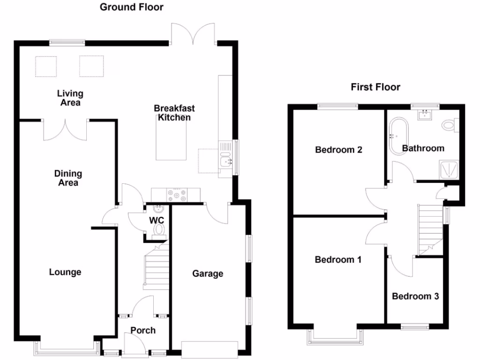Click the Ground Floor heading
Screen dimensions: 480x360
click(132, 7)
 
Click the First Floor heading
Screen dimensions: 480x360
click(375, 87)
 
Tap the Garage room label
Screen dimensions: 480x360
click(208, 273)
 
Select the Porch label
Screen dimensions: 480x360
click(143, 330)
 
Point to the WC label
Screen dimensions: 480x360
click(157, 220)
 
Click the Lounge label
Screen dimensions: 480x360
click(65, 272)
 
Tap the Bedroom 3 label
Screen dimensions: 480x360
click(415, 296)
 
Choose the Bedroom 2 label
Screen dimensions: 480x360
click(338, 150)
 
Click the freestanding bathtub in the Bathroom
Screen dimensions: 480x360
click(398, 136)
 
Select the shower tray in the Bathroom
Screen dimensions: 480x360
click(449, 169)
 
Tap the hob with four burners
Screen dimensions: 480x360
click(177, 195)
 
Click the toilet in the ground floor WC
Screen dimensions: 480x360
click(159, 231)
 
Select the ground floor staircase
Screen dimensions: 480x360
click(156, 265)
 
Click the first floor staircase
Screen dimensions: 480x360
click(430, 230)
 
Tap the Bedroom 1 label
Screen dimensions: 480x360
click(338, 260)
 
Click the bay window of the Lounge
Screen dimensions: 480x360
click(67, 348)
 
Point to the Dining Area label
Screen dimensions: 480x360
click(68, 178)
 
